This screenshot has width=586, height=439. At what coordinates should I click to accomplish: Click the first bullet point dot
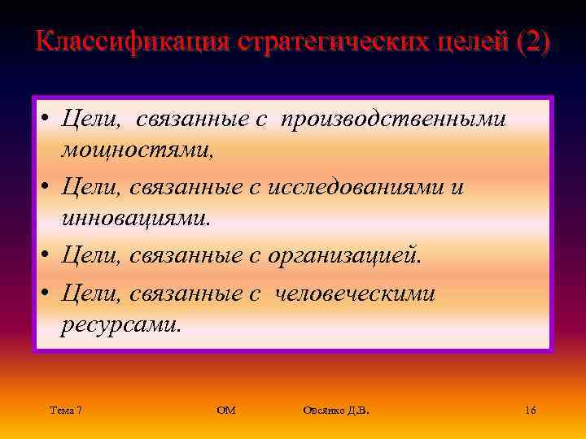47,120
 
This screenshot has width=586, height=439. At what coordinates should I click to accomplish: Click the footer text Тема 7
65,411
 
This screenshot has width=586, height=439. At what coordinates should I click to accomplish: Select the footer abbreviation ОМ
226,411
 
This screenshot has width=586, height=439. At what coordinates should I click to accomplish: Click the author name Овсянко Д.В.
335,411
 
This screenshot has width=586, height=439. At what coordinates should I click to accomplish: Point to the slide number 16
530,411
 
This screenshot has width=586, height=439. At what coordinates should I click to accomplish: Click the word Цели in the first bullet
92,120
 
